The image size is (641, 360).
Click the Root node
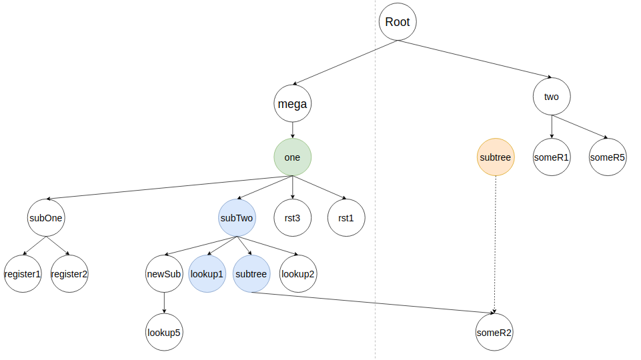pyautogui.click(x=398, y=22)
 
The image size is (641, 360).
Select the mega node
pyautogui.click(x=292, y=103)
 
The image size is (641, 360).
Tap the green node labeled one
pyautogui.click(x=292, y=157)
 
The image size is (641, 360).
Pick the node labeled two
pyautogui.click(x=552, y=97)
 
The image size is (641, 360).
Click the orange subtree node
pyautogui.click(x=495, y=157)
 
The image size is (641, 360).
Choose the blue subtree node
pyautogui.click(x=251, y=274)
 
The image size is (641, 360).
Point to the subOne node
pyautogui.click(x=46, y=217)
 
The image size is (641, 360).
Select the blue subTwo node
pyautogui.click(x=237, y=217)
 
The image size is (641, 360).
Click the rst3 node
pyautogui.click(x=293, y=217)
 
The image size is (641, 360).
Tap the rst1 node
pyautogui.click(x=346, y=217)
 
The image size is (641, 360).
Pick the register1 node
pyautogui.click(x=23, y=274)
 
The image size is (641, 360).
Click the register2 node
pyautogui.click(x=69, y=274)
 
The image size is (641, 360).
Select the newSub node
pyautogui.click(x=164, y=274)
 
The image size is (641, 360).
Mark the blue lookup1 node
pyautogui.click(x=207, y=274)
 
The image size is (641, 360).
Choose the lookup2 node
pyautogui.click(x=298, y=274)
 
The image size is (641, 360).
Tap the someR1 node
pyautogui.click(x=552, y=157)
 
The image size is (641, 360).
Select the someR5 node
pyautogui.click(x=608, y=157)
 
